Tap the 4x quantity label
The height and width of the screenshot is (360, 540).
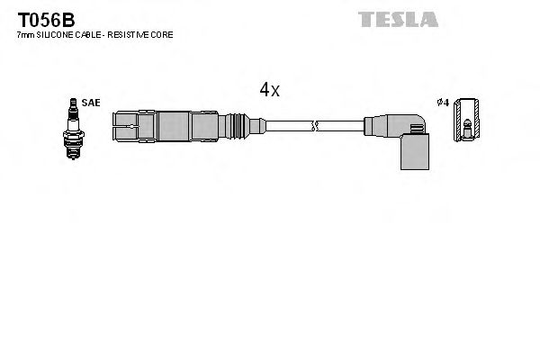tap(270, 89)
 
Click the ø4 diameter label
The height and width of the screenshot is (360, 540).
tap(442, 103)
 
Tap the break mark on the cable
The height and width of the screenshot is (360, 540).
tap(313, 125)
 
